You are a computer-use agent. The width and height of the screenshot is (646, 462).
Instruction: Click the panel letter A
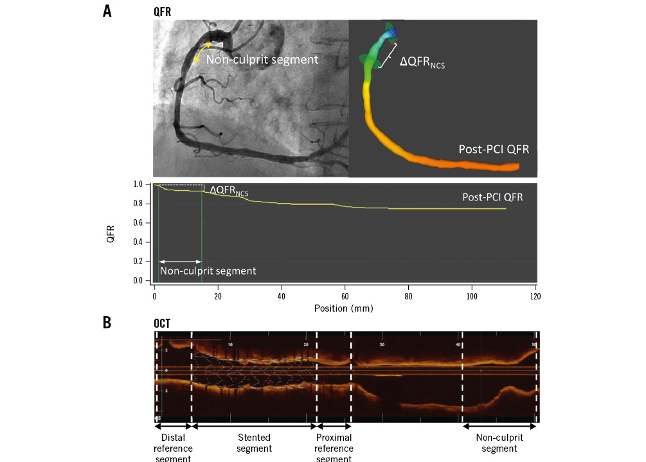[x=107, y=10]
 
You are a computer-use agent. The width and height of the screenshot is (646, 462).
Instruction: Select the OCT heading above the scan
[x=163, y=323]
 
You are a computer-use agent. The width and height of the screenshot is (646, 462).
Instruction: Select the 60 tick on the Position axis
[x=345, y=296]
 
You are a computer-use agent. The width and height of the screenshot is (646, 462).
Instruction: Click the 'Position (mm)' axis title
[x=344, y=308]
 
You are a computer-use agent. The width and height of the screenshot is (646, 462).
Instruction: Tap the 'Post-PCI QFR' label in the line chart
[x=492, y=197]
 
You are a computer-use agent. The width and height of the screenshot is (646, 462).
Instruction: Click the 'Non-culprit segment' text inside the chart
[x=208, y=271]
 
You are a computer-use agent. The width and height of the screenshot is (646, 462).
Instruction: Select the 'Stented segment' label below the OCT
[x=254, y=443]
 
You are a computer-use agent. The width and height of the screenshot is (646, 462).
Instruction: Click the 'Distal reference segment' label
[x=173, y=448]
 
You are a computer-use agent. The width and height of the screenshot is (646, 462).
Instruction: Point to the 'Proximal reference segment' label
[x=334, y=448]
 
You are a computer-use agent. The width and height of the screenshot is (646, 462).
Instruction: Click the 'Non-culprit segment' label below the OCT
[x=499, y=443]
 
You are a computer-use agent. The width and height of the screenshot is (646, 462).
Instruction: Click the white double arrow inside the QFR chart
[x=180, y=261]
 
